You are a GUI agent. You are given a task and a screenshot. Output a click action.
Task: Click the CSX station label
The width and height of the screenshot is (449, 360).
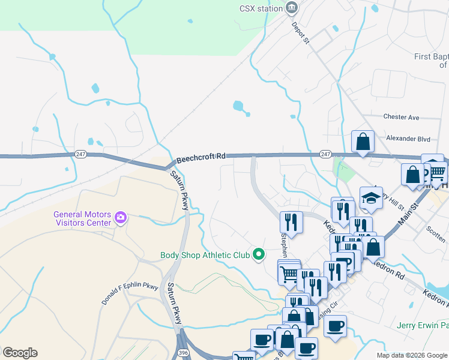click(x=261, y=8)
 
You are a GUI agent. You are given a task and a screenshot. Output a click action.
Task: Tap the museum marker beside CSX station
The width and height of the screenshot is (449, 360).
click(x=292, y=8)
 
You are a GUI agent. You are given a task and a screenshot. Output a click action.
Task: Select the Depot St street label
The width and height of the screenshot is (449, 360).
click(x=300, y=34)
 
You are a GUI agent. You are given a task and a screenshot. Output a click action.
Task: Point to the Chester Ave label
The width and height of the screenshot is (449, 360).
click(x=401, y=117)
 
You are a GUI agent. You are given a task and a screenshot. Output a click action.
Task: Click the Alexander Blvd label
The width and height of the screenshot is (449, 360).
click(x=408, y=139)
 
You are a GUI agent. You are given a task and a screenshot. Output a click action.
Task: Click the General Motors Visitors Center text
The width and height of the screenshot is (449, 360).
click(x=82, y=218)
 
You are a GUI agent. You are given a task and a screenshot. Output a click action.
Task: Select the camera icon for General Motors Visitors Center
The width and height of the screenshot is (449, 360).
click(x=121, y=217)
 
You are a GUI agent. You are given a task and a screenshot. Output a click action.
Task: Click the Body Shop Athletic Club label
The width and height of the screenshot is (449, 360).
click(x=205, y=255)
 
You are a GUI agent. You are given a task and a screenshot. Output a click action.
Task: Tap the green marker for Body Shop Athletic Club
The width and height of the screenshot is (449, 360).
click(x=259, y=255)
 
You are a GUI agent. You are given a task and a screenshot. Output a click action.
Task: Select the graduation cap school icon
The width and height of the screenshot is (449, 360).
click(x=371, y=197)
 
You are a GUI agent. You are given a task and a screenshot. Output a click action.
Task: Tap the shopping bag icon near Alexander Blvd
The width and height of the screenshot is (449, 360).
click(x=363, y=142)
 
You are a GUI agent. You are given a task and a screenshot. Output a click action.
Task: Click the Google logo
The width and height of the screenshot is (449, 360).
click(x=20, y=353)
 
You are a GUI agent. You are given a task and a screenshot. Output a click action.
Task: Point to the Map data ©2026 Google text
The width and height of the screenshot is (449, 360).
click(x=411, y=355)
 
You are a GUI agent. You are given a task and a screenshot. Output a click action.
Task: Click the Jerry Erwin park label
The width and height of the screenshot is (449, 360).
click(x=423, y=326)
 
